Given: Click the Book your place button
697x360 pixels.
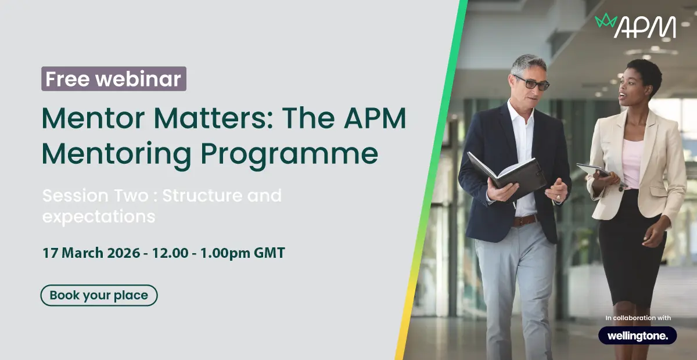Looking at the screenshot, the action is click(x=99, y=296).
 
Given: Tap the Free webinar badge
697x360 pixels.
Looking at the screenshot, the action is click(x=114, y=79).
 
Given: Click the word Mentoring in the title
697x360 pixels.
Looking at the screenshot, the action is click(x=116, y=154).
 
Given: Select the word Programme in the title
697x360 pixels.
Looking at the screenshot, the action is click(x=289, y=154).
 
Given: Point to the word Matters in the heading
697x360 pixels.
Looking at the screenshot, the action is click(x=214, y=118).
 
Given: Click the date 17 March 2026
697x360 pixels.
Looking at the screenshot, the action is click(x=91, y=253).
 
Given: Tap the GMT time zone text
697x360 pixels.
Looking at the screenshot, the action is click(x=269, y=253).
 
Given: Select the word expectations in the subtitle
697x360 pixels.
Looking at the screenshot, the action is click(x=99, y=217).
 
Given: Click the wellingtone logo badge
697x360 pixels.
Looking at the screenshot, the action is click(x=638, y=336).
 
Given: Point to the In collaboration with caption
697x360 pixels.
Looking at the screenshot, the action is click(x=638, y=318).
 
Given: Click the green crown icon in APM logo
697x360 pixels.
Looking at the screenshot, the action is click(x=606, y=21).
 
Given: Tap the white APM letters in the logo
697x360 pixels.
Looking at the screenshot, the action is click(x=645, y=27).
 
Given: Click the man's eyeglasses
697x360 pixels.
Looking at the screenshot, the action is click(x=532, y=83).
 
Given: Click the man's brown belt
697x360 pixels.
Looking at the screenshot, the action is click(x=525, y=221).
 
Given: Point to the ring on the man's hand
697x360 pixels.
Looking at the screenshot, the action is click(x=558, y=197).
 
